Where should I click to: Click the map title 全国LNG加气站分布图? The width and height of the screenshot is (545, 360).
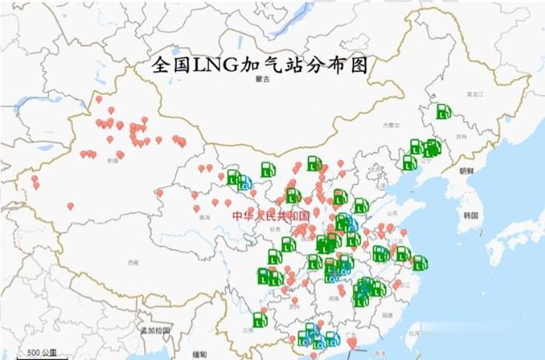point(258,64)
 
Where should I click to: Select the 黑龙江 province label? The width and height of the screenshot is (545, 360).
point(475,94)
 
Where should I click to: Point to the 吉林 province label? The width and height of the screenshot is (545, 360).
point(462,137)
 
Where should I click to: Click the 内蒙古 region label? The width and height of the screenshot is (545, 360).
point(389,125)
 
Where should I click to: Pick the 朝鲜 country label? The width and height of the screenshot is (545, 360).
point(466,171)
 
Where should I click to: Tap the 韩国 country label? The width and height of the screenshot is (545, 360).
point(470,215)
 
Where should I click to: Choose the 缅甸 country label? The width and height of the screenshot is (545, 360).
point(201,355)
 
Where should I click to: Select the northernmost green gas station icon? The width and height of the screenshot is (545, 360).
point(444,111)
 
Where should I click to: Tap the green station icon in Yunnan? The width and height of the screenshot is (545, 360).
point(259,319)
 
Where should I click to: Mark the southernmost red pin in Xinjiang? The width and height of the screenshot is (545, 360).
point(70,206)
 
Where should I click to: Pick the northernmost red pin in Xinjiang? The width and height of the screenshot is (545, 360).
point(98,99)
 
